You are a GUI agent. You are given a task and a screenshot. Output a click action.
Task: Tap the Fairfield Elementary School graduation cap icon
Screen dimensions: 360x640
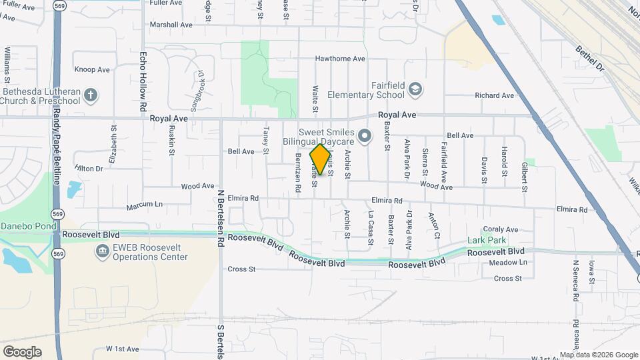pyautogui.click(x=415, y=89)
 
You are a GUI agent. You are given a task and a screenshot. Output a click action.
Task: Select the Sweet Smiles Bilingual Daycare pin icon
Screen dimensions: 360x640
pyautogui.click(x=364, y=137)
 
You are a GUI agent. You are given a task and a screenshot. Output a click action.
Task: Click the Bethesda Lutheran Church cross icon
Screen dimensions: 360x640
pyautogui.click(x=91, y=96)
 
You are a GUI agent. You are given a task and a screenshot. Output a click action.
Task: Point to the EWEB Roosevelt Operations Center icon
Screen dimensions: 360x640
pyautogui.click(x=102, y=251)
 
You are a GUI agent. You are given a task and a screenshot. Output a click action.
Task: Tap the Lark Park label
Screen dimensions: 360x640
pyautogui.click(x=487, y=240)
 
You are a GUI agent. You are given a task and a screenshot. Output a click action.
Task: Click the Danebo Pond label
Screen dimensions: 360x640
pyautogui.click(x=29, y=227)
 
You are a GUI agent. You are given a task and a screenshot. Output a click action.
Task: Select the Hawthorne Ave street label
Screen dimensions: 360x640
pyautogui.click(x=340, y=59)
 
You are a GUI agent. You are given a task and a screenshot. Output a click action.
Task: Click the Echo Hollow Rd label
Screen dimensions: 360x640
pyautogui.click(x=143, y=82)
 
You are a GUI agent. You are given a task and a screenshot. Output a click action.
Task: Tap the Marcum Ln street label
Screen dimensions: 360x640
pyautogui.click(x=145, y=205)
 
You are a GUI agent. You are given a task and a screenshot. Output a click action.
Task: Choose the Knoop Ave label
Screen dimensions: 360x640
pyautogui.click(x=92, y=69)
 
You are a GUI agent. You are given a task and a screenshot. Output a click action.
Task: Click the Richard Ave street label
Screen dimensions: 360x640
pyautogui.click(x=494, y=95)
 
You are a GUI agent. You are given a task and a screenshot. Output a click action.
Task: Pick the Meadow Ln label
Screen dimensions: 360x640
pyautogui.click(x=508, y=263)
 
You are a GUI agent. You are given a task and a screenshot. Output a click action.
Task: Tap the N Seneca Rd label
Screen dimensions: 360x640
pyautogui.click(x=575, y=280)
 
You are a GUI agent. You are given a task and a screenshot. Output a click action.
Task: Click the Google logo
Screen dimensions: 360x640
pyautogui.click(x=22, y=351)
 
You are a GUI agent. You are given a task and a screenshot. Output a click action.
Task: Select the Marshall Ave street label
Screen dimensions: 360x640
pyautogui.click(x=171, y=25)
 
